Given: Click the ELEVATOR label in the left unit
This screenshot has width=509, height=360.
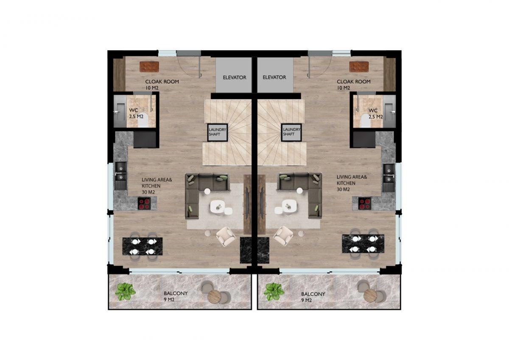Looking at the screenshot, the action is (x=234, y=78).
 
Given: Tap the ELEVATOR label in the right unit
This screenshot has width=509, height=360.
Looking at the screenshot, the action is (x=274, y=77).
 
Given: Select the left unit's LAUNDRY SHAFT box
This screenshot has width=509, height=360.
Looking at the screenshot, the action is (x=218, y=132).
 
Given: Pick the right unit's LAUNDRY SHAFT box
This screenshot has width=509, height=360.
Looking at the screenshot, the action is (x=291, y=132).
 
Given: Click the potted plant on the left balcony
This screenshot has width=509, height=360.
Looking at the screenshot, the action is (x=125, y=292).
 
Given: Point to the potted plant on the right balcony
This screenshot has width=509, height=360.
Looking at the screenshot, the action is (x=274, y=292).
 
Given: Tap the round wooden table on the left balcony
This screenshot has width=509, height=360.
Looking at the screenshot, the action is (x=215, y=296).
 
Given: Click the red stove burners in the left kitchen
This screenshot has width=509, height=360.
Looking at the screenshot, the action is (x=144, y=203).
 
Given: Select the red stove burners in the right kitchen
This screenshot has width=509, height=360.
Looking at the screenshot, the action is (x=365, y=203).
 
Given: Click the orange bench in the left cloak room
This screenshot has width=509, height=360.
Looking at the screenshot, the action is (x=149, y=67).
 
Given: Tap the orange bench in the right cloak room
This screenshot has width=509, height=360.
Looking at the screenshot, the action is (x=359, y=67).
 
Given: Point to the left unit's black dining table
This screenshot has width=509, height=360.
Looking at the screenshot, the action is (x=143, y=247).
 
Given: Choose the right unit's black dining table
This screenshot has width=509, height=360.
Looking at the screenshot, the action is (x=363, y=244).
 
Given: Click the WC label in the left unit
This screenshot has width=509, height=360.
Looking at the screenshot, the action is (x=133, y=110).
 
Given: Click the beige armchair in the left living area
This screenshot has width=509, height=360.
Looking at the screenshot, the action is (x=226, y=236).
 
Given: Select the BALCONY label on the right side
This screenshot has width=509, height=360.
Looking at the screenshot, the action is (x=313, y=294).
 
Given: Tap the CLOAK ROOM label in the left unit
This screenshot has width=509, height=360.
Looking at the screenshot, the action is (x=162, y=82).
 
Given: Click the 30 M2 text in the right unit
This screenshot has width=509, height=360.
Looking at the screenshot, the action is (x=343, y=189).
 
